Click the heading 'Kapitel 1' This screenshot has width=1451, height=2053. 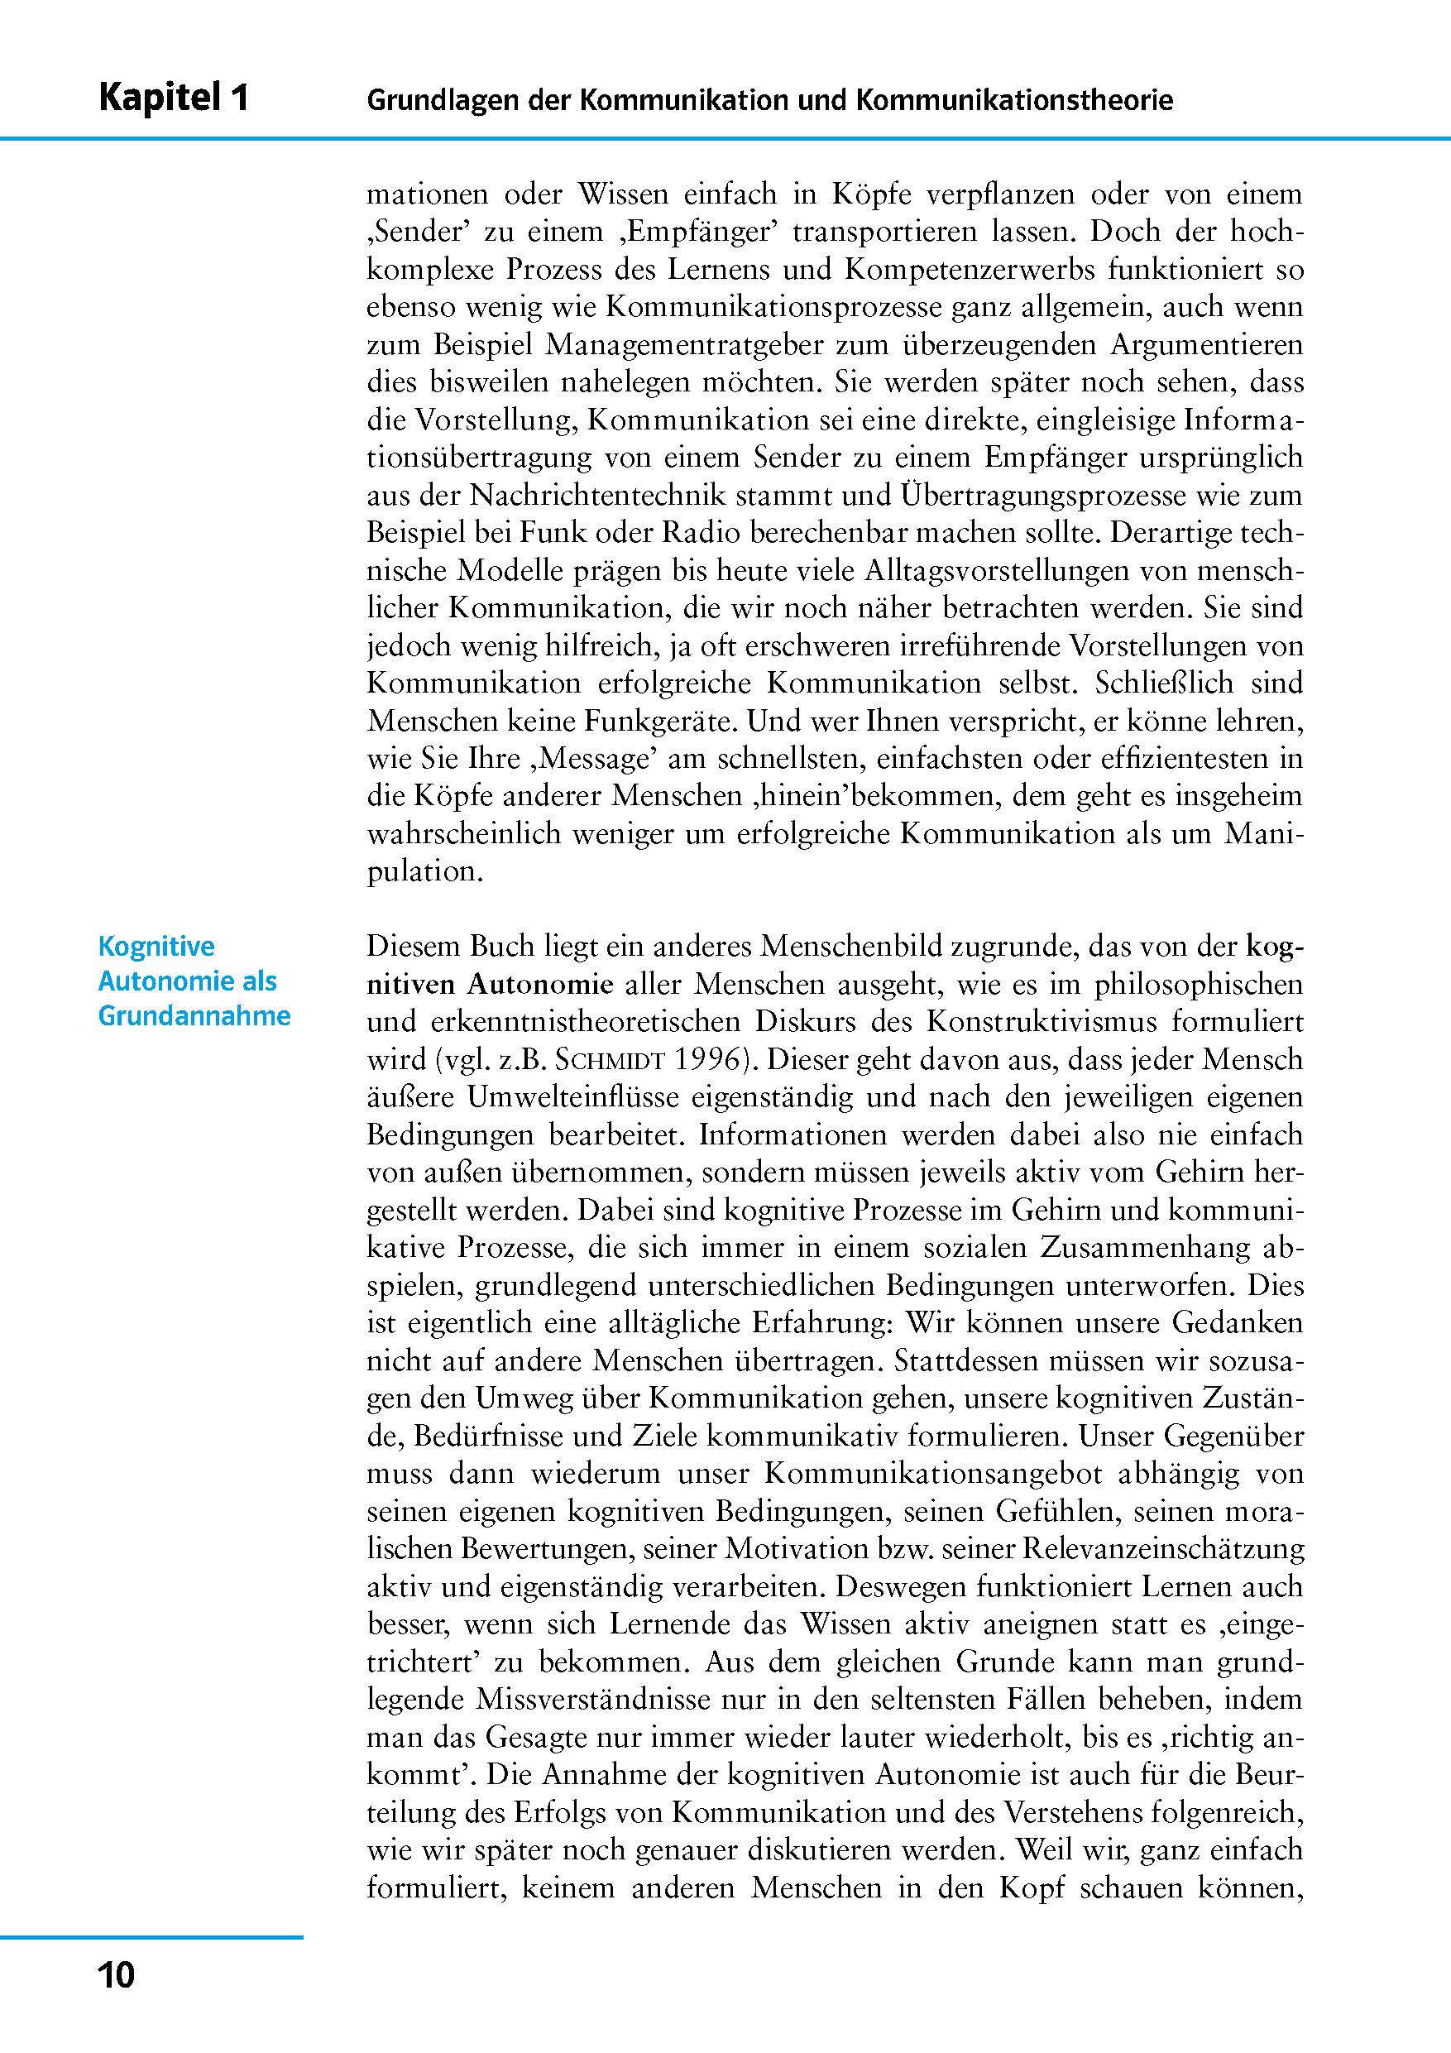[174, 98]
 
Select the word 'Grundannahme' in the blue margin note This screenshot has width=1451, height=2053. [194, 1017]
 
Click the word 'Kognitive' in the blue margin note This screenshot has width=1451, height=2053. [156, 946]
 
